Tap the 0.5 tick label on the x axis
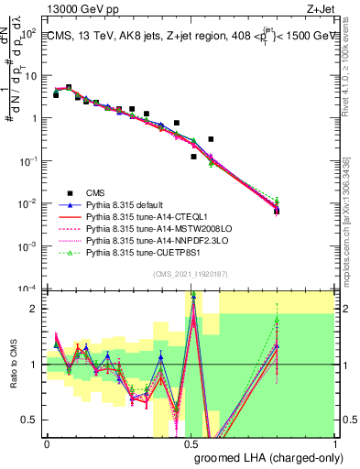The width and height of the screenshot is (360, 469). [x=191, y=443]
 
